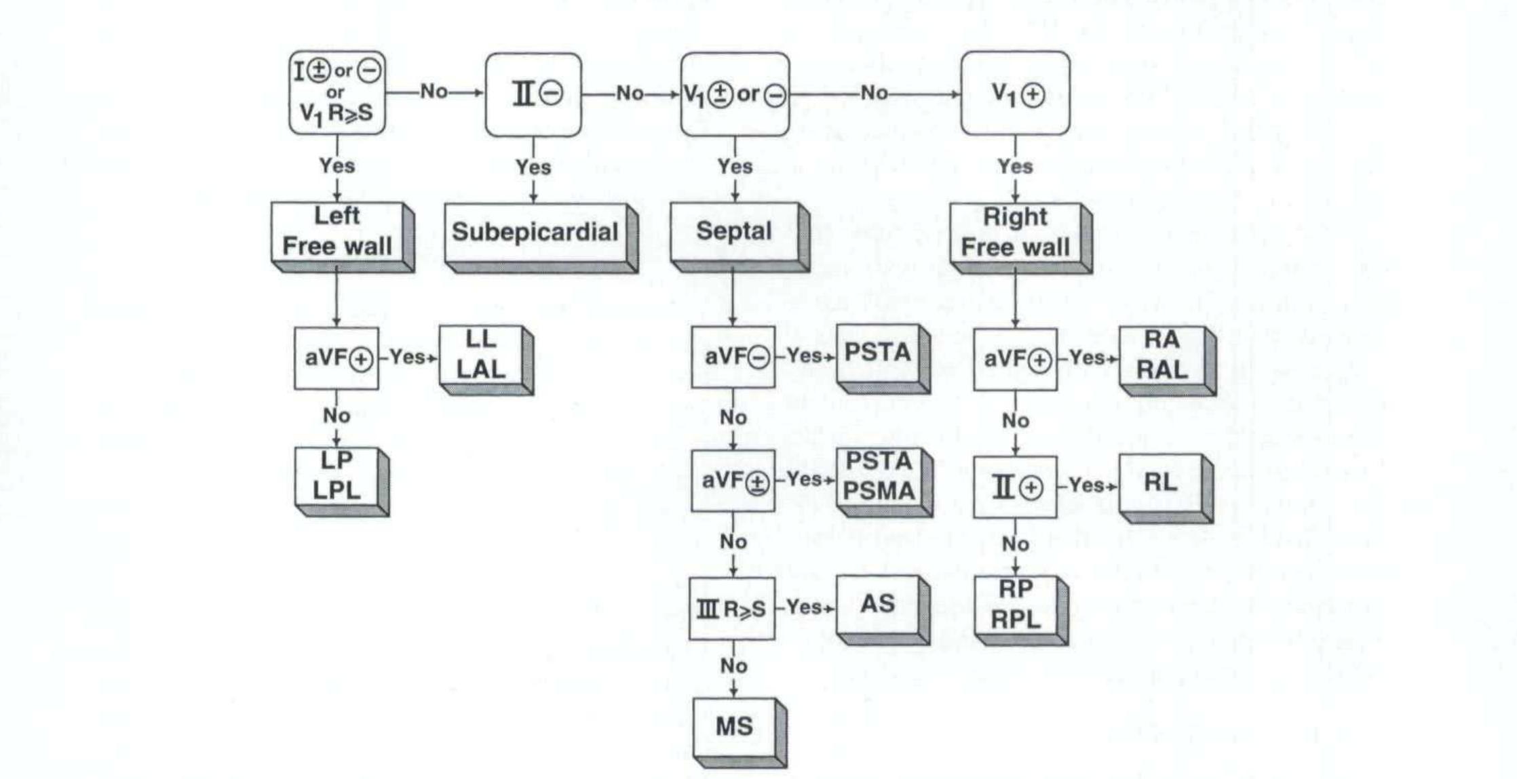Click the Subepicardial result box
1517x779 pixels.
(535, 233)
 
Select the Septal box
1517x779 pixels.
(734, 231)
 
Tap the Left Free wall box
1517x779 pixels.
(337, 232)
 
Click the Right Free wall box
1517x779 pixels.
(1015, 233)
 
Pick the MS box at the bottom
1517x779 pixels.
(734, 727)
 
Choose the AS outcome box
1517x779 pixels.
(877, 604)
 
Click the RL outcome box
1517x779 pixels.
(1160, 483)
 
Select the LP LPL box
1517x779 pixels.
(337, 476)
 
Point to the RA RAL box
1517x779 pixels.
(1161, 356)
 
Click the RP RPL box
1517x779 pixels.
(1016, 605)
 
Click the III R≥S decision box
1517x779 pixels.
(732, 609)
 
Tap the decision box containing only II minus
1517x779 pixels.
(533, 94)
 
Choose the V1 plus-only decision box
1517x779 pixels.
(1015, 94)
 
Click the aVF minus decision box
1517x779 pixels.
(733, 357)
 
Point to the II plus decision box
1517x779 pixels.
(1015, 487)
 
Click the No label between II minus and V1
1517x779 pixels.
(630, 94)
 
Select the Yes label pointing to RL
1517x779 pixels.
(1086, 485)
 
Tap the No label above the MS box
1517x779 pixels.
(733, 666)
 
